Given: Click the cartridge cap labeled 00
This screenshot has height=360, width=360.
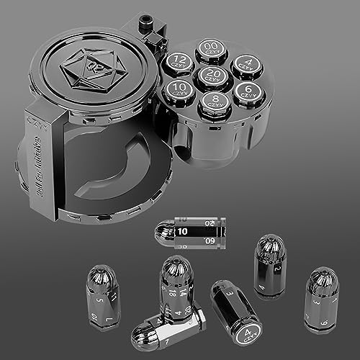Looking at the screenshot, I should (211, 48).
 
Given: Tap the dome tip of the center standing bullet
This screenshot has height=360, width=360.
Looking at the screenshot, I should (175, 266).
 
